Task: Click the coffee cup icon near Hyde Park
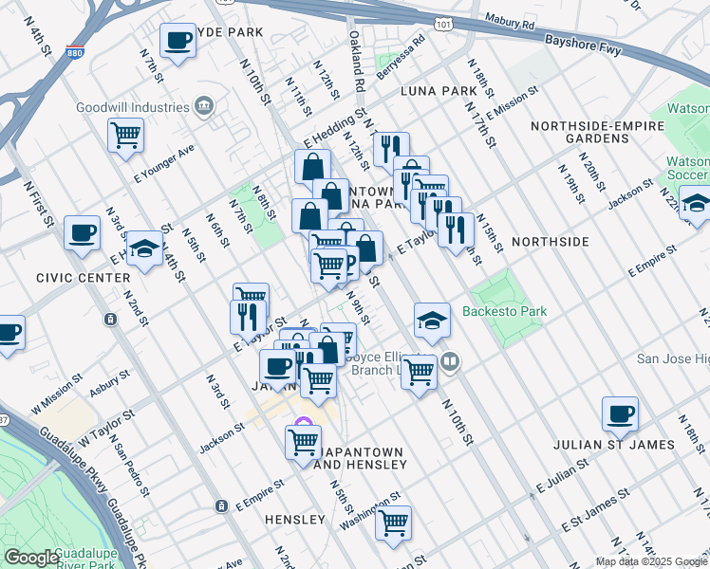pyautogui.click(x=177, y=40)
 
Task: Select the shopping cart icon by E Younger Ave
pyautogui.click(x=125, y=136)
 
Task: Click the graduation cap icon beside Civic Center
pyautogui.click(x=144, y=248)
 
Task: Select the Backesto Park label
pyautogui.click(x=504, y=311)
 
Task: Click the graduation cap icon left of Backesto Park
pyautogui.click(x=432, y=321)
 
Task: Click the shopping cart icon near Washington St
pyautogui.click(x=393, y=521)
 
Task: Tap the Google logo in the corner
pyautogui.click(x=31, y=558)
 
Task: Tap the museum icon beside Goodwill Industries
pyautogui.click(x=204, y=105)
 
